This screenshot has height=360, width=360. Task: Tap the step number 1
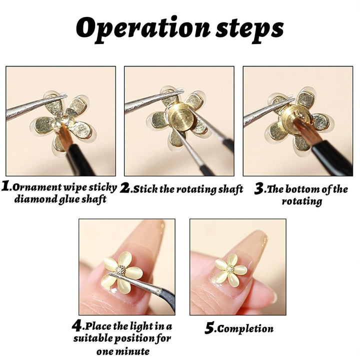coord(6,187)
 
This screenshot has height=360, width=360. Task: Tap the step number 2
coord(125,188)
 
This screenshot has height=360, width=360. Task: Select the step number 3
coord(259,189)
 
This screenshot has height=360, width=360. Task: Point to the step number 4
coord(76,326)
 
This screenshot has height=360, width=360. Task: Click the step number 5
coord(209,328)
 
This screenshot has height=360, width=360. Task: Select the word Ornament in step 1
coord(35,188)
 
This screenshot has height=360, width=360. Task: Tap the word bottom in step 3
coord(319,189)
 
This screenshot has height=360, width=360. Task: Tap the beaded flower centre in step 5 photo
coord(230,269)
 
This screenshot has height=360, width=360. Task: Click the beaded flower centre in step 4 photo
coord(120,269)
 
